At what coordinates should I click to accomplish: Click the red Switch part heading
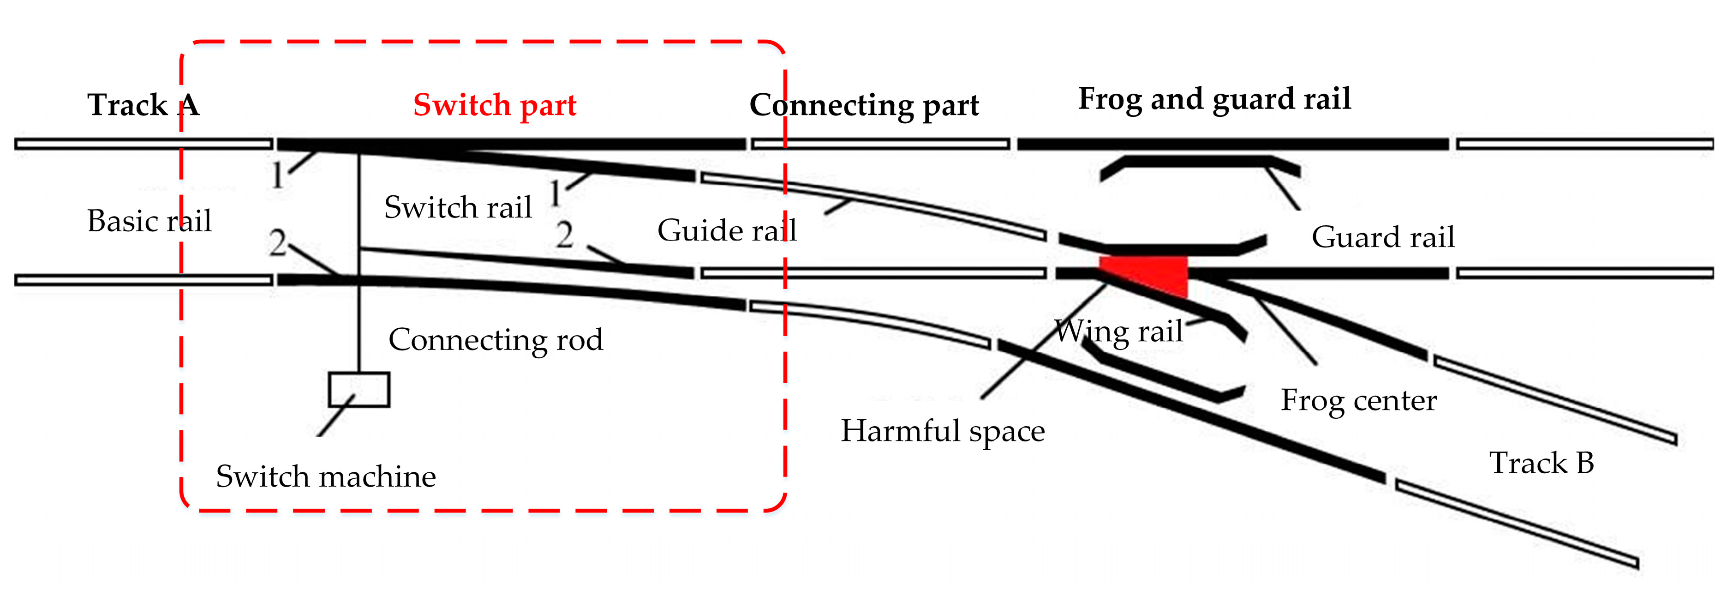(495, 106)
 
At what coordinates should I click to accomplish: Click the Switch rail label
(457, 207)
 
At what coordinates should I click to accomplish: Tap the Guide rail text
(727, 231)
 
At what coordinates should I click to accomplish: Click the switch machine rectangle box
(359, 390)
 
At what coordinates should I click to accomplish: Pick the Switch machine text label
(326, 476)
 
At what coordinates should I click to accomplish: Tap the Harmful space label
(943, 431)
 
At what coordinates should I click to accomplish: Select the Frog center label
(1358, 400)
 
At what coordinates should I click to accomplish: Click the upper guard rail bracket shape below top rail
(1197, 162)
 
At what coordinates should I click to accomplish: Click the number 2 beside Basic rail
(277, 243)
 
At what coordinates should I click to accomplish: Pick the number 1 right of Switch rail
(555, 194)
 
